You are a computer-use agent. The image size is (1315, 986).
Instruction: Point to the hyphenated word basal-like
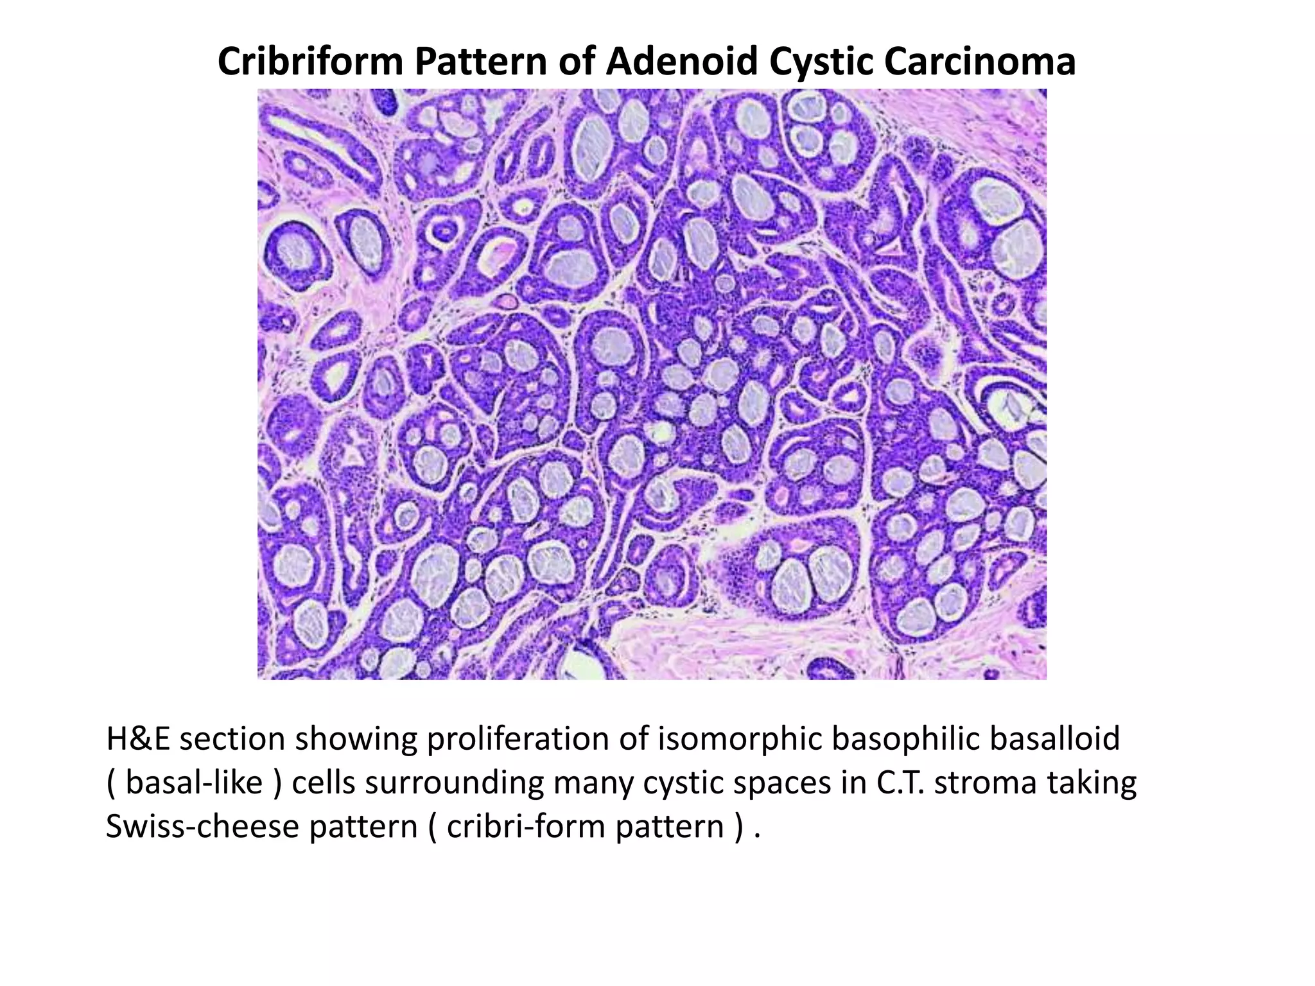(x=194, y=783)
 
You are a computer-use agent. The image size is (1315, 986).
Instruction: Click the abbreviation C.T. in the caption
(x=901, y=783)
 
